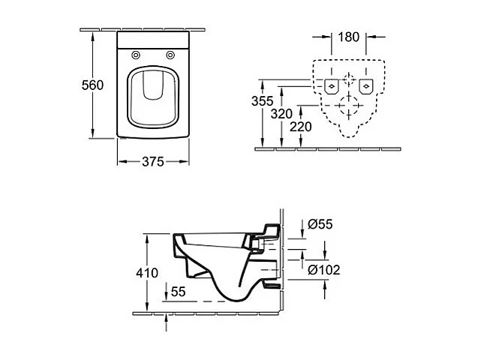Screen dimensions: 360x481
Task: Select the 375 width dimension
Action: pyautogui.click(x=154, y=161)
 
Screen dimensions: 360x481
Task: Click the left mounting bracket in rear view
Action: pyautogui.click(x=331, y=85)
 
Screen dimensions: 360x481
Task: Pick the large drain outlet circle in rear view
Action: pyautogui.click(x=348, y=106)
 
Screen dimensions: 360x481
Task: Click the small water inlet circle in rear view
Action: pyautogui.click(x=348, y=79)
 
